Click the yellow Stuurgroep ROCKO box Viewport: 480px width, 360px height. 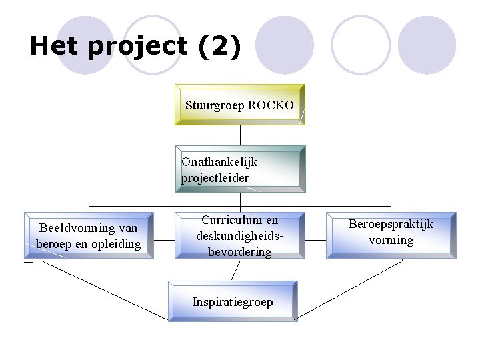pyautogui.click(x=239, y=105)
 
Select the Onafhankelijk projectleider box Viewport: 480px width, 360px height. pyautogui.click(x=239, y=169)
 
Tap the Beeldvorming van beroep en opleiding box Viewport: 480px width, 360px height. pyautogui.click(x=89, y=235)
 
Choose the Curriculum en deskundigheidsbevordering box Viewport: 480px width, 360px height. pyautogui.click(x=239, y=235)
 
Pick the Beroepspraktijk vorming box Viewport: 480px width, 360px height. pyautogui.click(x=391, y=235)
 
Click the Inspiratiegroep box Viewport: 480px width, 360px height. pyautogui.click(x=232, y=302)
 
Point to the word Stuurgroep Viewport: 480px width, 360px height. pyautogui.click(x=214, y=105)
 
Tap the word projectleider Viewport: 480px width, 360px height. pyautogui.click(x=215, y=178)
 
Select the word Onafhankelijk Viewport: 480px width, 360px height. pyautogui.click(x=219, y=162)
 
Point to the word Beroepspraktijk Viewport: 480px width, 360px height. pyautogui.click(x=391, y=224)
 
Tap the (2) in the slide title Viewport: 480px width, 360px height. pyautogui.click(x=219, y=47)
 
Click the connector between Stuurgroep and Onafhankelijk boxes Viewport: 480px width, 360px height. pyautogui.click(x=239, y=135)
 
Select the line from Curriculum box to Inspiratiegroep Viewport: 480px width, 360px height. pyautogui.click(x=234, y=270)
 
